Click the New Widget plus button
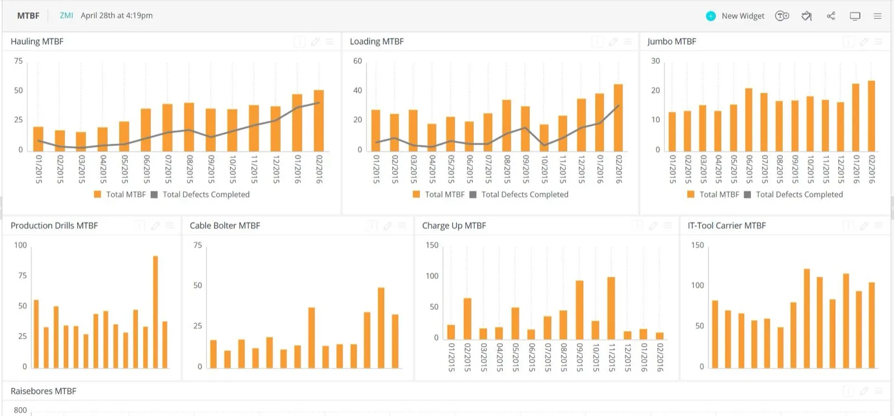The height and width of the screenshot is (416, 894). click(710, 16)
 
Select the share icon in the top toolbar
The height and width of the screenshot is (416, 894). click(831, 16)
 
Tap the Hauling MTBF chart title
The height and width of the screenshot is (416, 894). click(37, 41)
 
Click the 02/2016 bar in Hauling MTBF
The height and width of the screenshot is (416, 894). click(319, 121)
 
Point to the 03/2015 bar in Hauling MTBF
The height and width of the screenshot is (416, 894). click(81, 141)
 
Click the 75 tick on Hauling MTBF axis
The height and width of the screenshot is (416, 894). click(18, 61)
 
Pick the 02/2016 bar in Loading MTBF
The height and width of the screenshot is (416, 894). click(618, 118)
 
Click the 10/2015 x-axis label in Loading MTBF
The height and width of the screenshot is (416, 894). click(544, 169)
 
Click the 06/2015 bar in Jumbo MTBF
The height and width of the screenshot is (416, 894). click(749, 120)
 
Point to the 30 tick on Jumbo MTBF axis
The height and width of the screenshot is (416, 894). click(656, 61)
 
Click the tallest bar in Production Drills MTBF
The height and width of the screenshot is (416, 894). click(156, 312)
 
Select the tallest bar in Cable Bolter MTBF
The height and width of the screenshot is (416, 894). click(381, 328)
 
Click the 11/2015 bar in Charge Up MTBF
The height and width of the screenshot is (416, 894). click(611, 308)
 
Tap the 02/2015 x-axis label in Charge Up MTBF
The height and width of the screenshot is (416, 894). click(467, 357)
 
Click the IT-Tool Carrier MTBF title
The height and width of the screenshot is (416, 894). click(727, 225)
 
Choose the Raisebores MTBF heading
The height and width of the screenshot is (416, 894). click(44, 391)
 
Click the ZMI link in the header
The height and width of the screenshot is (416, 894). click(66, 16)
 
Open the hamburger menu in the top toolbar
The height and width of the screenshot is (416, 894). click(877, 16)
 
